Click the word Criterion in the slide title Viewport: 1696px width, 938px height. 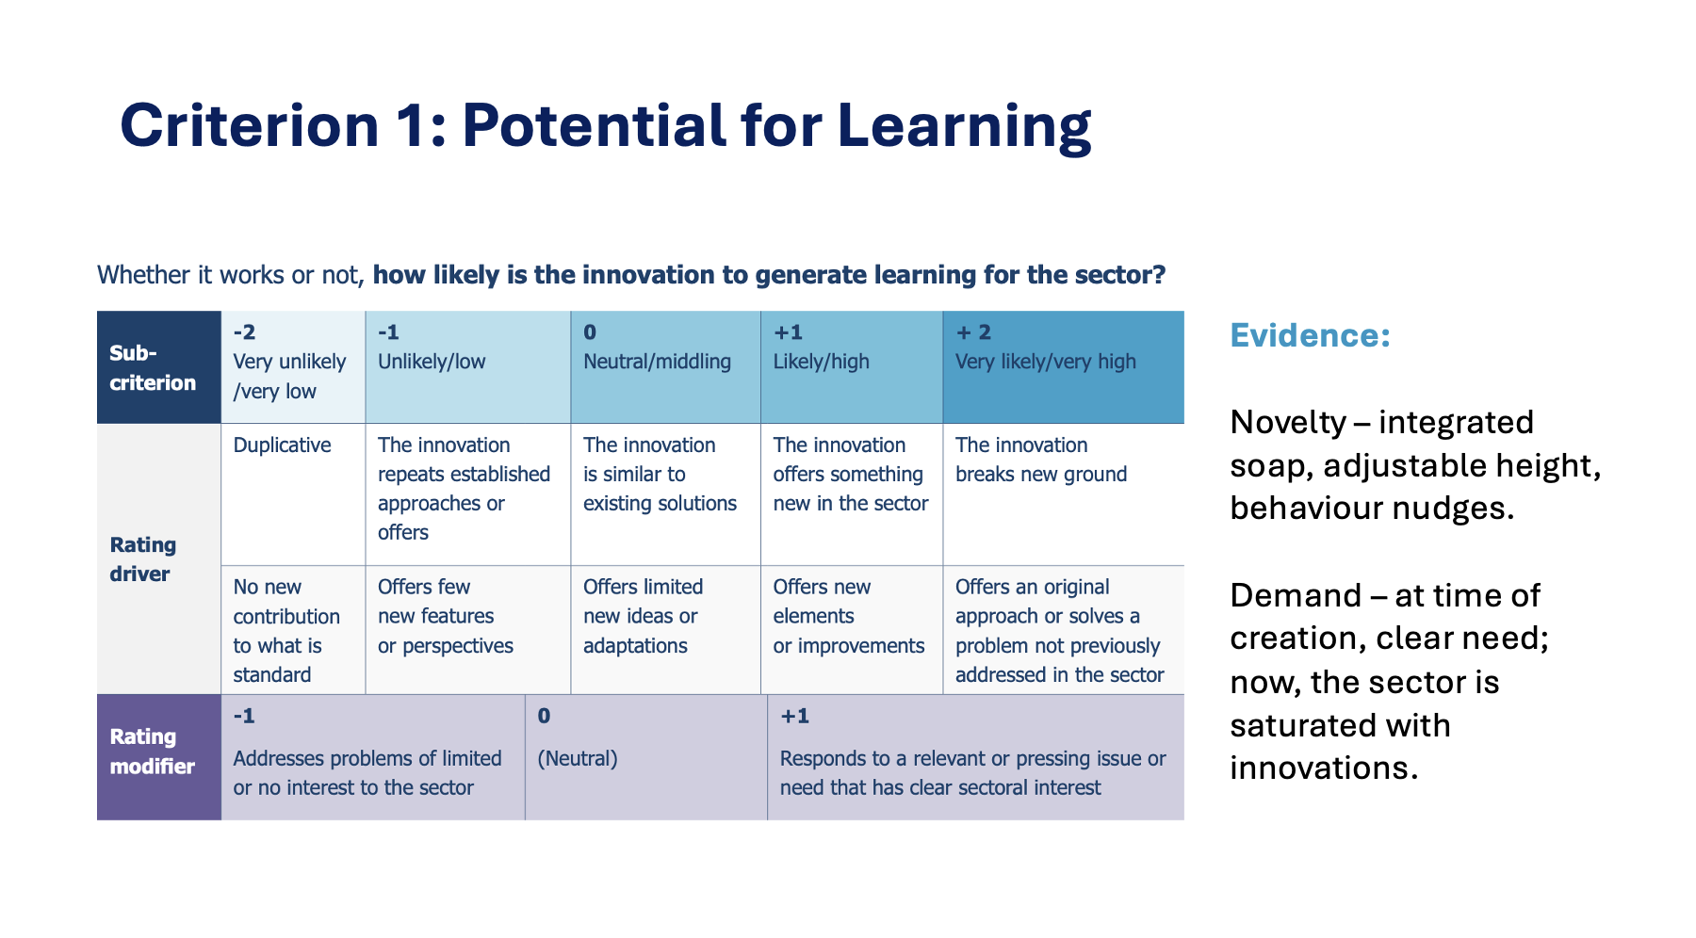tap(250, 125)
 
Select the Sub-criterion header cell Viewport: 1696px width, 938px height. tap(159, 367)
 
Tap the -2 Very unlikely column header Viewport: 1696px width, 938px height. tap(293, 367)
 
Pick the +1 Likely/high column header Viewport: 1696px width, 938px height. tap(852, 367)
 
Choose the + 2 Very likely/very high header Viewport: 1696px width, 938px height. tap(1064, 367)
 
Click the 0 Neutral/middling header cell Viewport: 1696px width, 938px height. tap(666, 367)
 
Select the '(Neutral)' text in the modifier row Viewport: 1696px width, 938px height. tap(578, 758)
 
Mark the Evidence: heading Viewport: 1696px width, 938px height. tap(1311, 335)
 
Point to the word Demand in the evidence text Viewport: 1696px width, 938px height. tap(1296, 595)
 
